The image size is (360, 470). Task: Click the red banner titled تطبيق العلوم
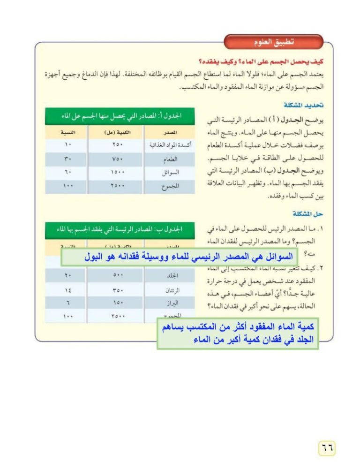click(274, 42)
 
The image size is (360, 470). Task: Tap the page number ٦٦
click(327, 447)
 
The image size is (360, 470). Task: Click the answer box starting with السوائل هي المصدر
click(187, 257)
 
